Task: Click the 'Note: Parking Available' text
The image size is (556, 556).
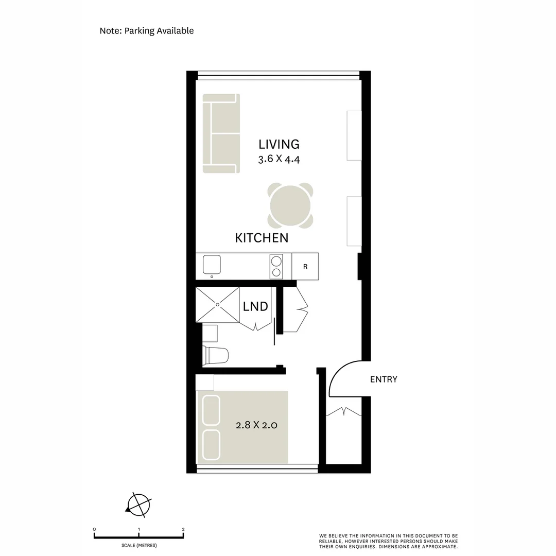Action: [x=147, y=31]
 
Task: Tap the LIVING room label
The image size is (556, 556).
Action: [x=279, y=145]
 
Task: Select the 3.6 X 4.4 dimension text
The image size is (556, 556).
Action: [x=279, y=159]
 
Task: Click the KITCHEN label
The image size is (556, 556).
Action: [x=262, y=238]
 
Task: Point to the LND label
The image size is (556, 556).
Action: [x=255, y=307]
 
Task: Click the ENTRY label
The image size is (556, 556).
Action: [x=384, y=380]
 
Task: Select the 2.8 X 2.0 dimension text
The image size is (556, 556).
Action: [x=256, y=426]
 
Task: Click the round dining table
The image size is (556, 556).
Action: [x=290, y=205]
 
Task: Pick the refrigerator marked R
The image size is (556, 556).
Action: [x=305, y=267]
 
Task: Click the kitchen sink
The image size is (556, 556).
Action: [x=212, y=265]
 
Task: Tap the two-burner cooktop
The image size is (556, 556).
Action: [x=276, y=267]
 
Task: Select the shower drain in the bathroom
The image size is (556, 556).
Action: [x=217, y=305]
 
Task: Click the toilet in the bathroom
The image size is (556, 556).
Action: [x=216, y=355]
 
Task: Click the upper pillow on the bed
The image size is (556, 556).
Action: [x=211, y=410]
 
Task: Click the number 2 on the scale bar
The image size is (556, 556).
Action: [x=183, y=529]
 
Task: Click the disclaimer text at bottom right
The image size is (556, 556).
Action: [x=388, y=541]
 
